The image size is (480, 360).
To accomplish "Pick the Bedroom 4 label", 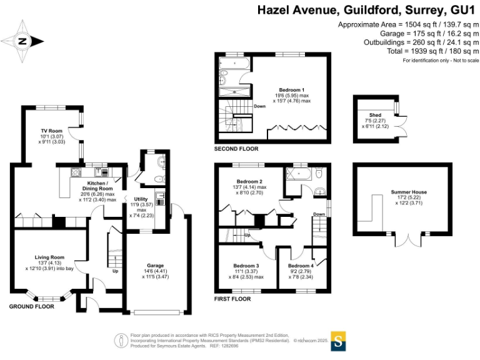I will click(301, 266).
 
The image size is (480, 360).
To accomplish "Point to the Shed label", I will click(375, 115).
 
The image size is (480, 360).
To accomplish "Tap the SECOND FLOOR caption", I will click(236, 149).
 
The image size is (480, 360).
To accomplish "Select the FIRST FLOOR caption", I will click(232, 299).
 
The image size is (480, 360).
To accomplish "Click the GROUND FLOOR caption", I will click(31, 306).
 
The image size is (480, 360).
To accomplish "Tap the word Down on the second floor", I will click(260, 106).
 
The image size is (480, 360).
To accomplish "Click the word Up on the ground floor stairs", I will click(114, 272).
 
